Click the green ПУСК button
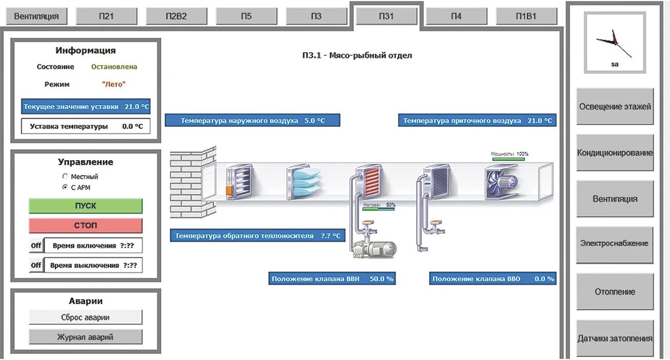pyautogui.click(x=85, y=206)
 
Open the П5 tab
pyautogui.click(x=246, y=16)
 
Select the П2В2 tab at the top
pyautogui.click(x=177, y=16)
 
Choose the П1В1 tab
pyautogui.click(x=526, y=16)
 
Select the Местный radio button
pyautogui.click(x=65, y=177)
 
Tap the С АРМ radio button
pyautogui.click(x=65, y=188)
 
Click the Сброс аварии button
pyautogui.click(x=85, y=317)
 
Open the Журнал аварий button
pyautogui.click(x=85, y=337)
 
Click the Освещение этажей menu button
pyautogui.click(x=615, y=107)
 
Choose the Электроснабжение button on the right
pyautogui.click(x=615, y=244)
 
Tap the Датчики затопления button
pyautogui.click(x=615, y=338)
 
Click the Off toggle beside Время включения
pyautogui.click(x=36, y=246)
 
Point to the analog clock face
pyautogui.click(x=615, y=42)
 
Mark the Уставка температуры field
pyautogui.click(x=85, y=126)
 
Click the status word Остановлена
pyautogui.click(x=114, y=67)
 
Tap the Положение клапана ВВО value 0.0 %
pyautogui.click(x=544, y=279)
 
